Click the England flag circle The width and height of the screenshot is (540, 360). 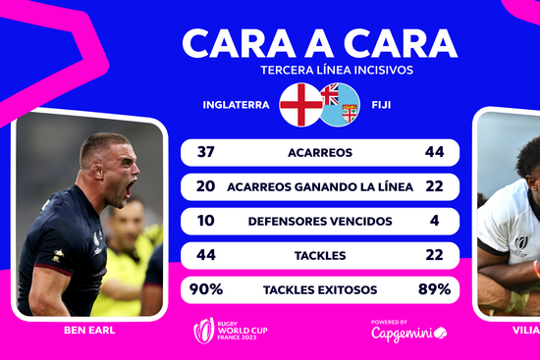pos(299,103)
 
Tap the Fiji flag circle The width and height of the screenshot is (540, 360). pos(339,103)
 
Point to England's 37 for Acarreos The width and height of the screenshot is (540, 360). pos(205,152)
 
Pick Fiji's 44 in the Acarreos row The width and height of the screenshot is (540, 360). pos(435,152)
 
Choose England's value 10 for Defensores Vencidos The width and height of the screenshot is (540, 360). pos(205,221)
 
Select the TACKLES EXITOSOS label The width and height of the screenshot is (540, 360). pos(320,289)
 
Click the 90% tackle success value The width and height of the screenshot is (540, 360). pos(208,289)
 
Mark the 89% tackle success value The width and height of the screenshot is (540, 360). pos(433,289)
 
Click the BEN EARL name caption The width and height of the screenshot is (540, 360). pos(89,331)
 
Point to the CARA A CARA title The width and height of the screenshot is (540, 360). pos(319,43)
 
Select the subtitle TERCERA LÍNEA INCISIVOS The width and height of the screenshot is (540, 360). pos(319,71)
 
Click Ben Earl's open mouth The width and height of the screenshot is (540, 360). pos(119,190)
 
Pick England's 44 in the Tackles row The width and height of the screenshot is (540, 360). pos(205,255)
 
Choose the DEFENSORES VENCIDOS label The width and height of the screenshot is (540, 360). pos(320,221)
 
